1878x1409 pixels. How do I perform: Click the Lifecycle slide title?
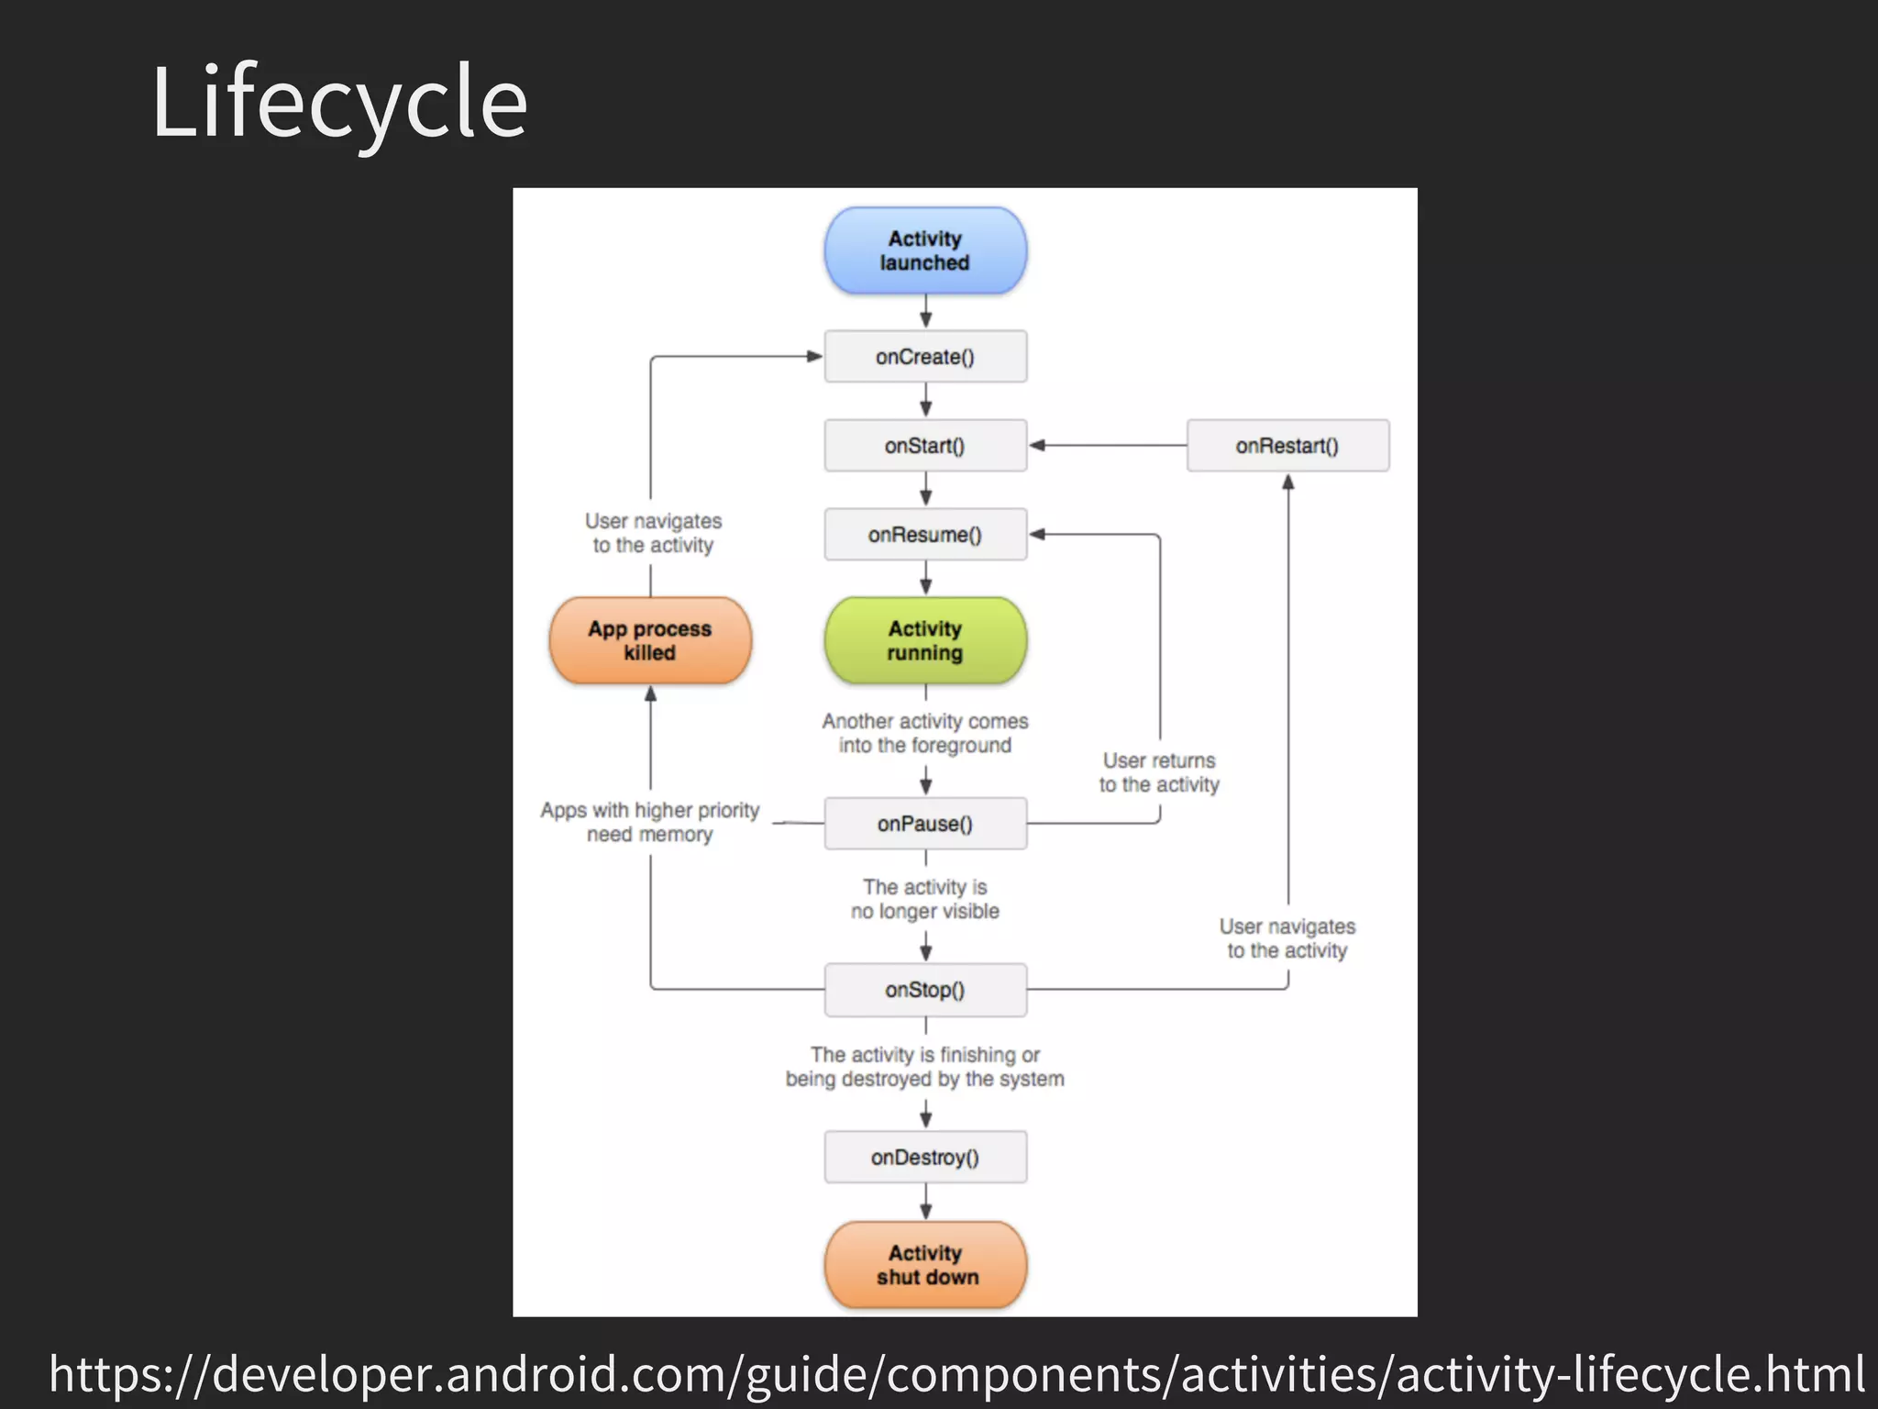point(339,101)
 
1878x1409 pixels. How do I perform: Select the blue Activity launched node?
point(925,250)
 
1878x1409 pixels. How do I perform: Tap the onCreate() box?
point(925,357)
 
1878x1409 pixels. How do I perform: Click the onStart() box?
point(925,446)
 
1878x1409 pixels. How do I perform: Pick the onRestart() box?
point(1287,446)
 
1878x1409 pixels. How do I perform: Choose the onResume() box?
point(925,535)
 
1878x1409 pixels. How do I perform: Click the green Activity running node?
point(925,640)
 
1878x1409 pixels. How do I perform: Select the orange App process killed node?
point(650,640)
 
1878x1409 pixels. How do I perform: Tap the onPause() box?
point(925,824)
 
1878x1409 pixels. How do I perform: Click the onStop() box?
point(925,990)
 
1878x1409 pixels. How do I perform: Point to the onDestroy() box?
point(925,1158)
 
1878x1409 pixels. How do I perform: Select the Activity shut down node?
point(925,1265)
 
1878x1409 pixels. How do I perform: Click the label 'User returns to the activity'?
point(1159,772)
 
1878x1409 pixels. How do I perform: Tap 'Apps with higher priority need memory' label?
point(650,822)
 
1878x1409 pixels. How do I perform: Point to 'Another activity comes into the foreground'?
point(925,733)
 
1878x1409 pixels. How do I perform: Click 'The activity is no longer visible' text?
point(925,899)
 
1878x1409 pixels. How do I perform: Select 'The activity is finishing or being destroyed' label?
point(925,1067)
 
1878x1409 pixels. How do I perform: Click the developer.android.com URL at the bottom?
point(956,1373)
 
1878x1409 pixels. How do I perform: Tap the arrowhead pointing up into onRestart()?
point(1287,483)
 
